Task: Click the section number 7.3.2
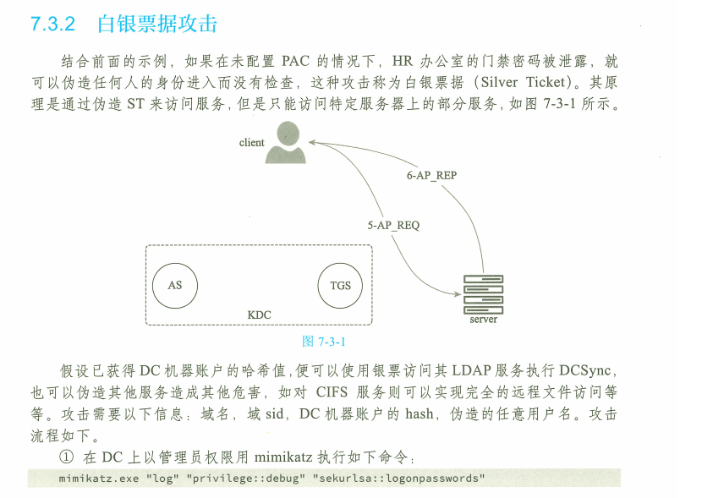coord(52,25)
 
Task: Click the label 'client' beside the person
coord(251,143)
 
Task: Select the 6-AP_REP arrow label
coord(431,176)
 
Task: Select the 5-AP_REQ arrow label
coord(393,226)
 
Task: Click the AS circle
coord(174,285)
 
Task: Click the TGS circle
coord(340,285)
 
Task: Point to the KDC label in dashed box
coord(259,315)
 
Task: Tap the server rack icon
coord(483,293)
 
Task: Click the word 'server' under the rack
coord(483,320)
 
